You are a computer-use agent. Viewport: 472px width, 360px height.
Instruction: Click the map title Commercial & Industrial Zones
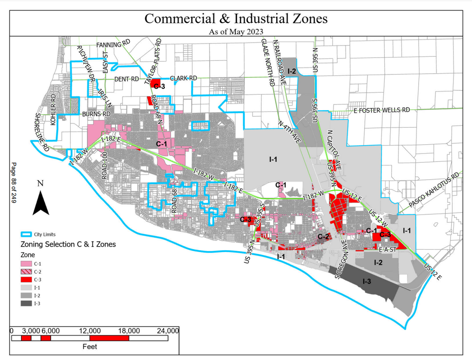[x=236, y=19]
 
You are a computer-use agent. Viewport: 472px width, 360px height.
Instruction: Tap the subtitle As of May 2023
[x=236, y=31]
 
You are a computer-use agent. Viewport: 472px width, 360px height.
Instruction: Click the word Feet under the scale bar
[x=90, y=346]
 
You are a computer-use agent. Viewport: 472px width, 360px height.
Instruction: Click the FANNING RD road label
[x=113, y=44]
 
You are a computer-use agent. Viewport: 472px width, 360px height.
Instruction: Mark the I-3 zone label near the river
[x=367, y=282]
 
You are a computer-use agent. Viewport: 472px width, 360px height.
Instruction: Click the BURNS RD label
[x=96, y=113]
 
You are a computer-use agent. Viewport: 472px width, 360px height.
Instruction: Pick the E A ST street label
[x=388, y=250]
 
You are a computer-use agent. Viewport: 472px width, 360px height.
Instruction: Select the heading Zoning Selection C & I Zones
[x=68, y=244]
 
